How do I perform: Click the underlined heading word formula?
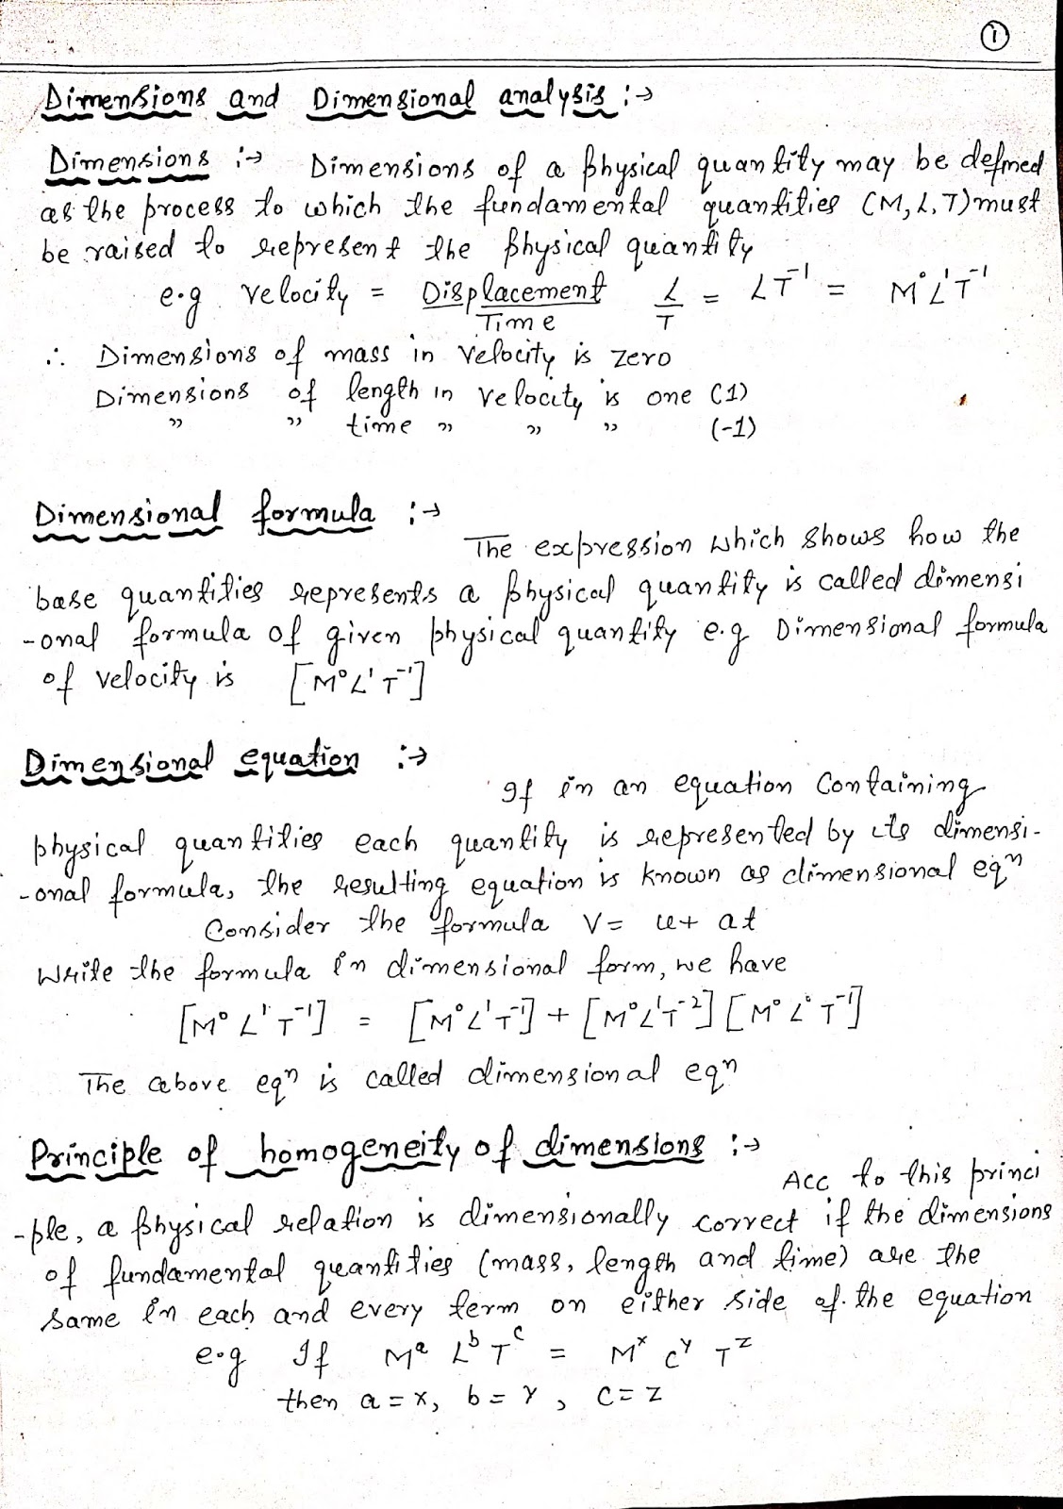pos(314,516)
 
